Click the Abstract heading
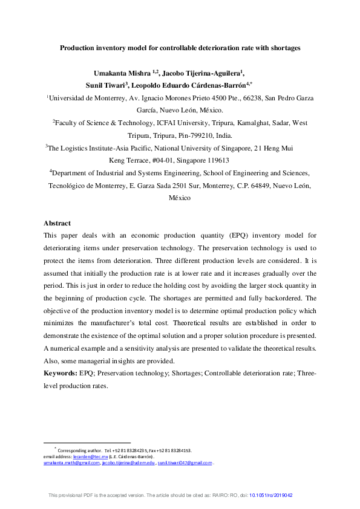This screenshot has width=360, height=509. point(57,223)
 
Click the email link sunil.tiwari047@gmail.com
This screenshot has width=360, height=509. point(185,463)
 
